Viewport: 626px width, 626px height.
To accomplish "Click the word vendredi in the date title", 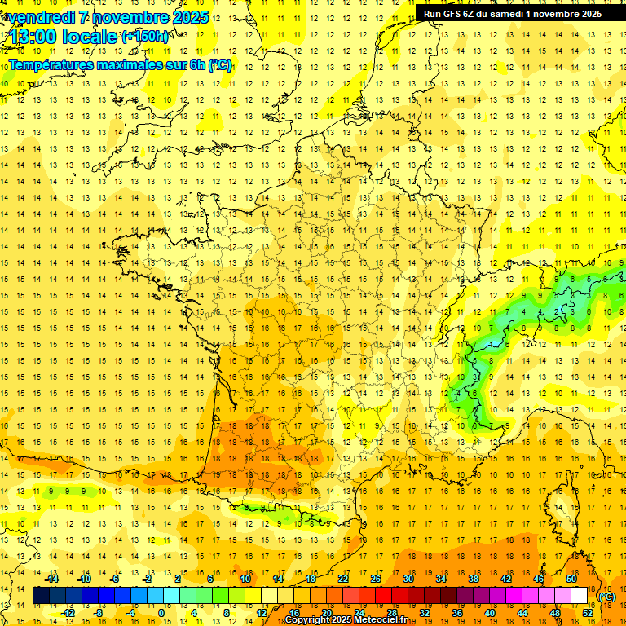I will [x=41, y=17].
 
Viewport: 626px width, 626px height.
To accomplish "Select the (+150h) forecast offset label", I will [x=145, y=37].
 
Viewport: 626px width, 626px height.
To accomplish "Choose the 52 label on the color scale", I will [x=588, y=614].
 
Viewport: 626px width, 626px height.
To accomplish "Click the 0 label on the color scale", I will [x=161, y=614].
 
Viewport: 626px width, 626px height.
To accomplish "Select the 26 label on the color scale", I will [x=376, y=579].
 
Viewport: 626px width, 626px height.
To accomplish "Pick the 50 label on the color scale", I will [x=571, y=579].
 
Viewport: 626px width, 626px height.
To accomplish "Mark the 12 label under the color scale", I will [x=262, y=614].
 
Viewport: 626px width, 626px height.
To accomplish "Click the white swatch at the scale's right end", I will [x=580, y=596].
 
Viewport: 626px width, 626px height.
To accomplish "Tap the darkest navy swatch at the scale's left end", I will [x=41, y=596].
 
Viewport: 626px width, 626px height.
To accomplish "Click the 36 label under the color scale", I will [x=457, y=614].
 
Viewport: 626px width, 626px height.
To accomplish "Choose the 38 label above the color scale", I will [x=474, y=579].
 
